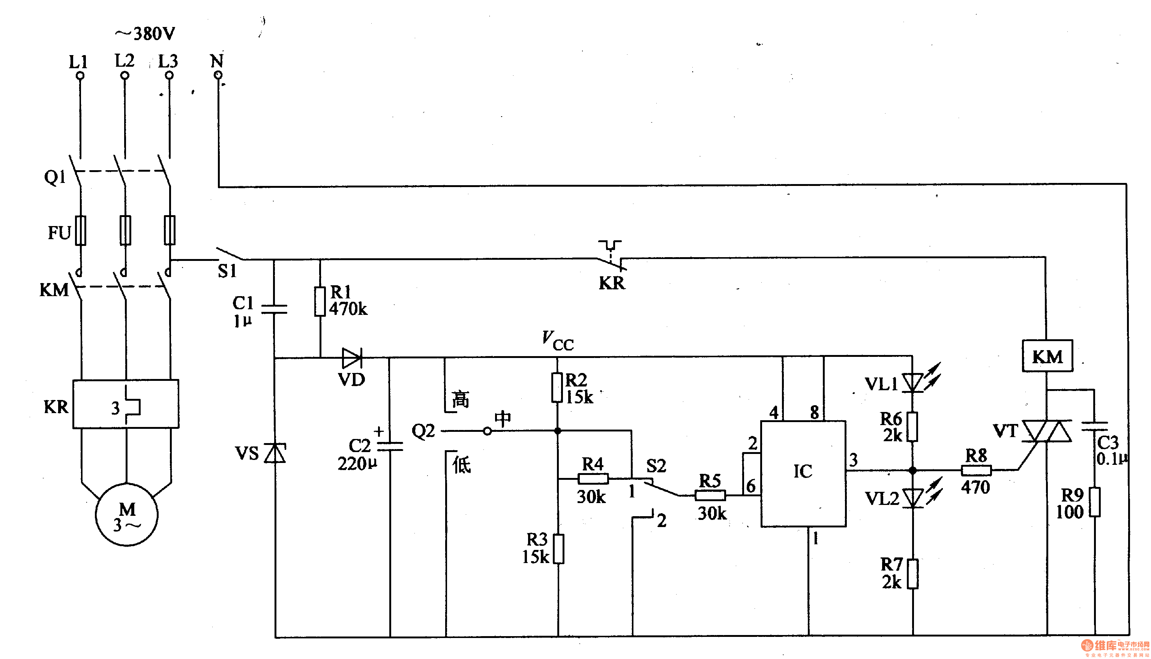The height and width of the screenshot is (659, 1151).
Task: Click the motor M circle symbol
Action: coord(126,515)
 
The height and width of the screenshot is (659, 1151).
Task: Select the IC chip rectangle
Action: coord(803,473)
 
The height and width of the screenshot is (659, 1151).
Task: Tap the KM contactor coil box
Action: coord(1047,356)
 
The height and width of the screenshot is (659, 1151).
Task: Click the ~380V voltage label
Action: coord(145,33)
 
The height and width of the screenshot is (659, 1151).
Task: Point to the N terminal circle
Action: coord(218,75)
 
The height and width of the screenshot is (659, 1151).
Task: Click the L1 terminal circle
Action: coord(80,76)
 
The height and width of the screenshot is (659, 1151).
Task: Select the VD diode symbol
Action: coord(352,358)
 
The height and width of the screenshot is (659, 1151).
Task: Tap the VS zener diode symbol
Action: coord(275,453)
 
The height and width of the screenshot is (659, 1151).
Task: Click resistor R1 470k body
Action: coord(320,301)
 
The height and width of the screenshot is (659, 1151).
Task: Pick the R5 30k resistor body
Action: coord(710,495)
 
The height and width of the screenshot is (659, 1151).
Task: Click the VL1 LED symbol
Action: coord(912,382)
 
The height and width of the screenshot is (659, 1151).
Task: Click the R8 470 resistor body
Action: coord(976,471)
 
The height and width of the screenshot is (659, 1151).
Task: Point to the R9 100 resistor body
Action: coord(1095,502)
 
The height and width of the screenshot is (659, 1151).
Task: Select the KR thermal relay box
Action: coord(126,404)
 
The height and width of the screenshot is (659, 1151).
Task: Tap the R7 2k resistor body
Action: coord(913,574)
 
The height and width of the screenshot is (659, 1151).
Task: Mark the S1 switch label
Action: coord(227,271)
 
